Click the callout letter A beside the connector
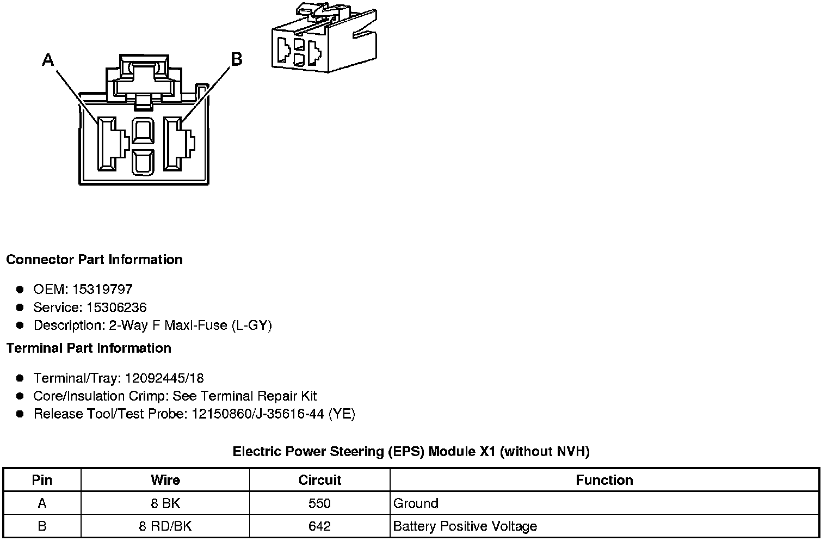coord(48,59)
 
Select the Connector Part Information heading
coord(94,260)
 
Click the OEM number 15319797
coord(102,289)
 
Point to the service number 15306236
coord(116,308)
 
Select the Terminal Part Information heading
coord(89,348)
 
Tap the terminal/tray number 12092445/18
coord(164,378)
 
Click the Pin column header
coord(42,480)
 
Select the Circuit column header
coord(320,480)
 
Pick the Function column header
coord(604,480)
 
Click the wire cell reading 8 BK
coord(165,503)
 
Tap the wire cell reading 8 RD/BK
coord(165,526)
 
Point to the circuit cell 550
coord(319,503)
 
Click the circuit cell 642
coord(319,526)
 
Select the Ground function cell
coord(416,503)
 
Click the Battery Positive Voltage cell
coord(465,526)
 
